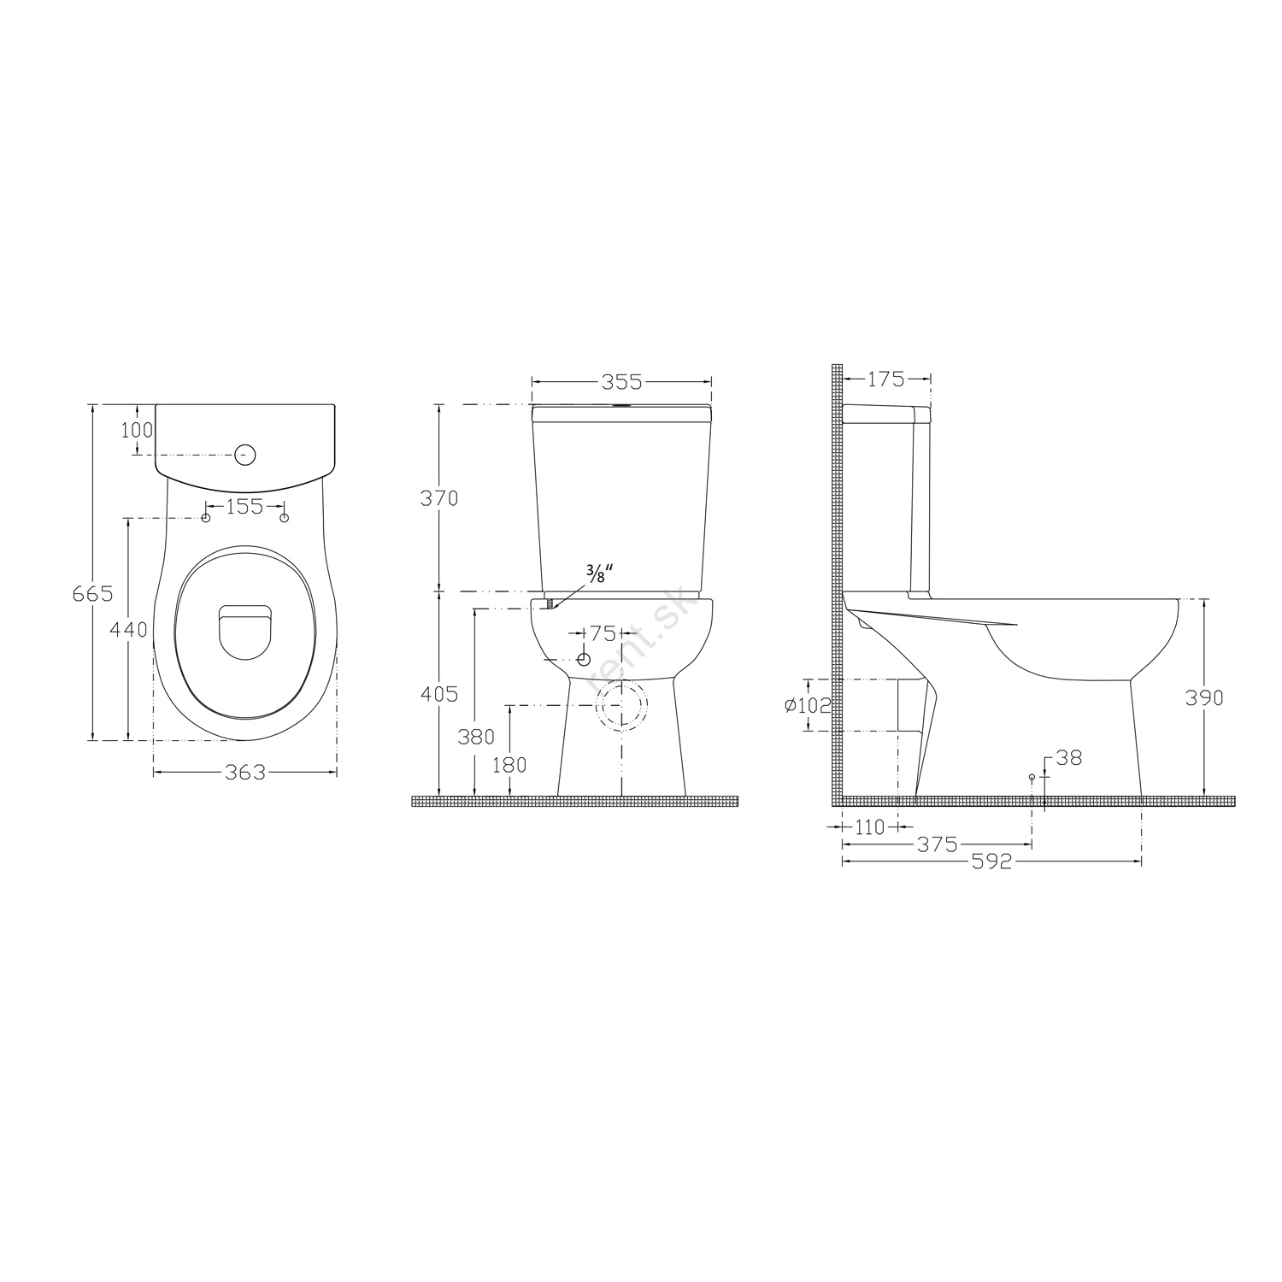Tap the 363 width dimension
(245, 773)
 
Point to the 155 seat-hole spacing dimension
(245, 507)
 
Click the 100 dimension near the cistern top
(137, 430)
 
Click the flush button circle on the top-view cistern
(245, 454)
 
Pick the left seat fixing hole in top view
(206, 518)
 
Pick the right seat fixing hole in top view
(285, 518)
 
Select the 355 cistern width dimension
(621, 380)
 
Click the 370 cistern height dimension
(440, 498)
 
